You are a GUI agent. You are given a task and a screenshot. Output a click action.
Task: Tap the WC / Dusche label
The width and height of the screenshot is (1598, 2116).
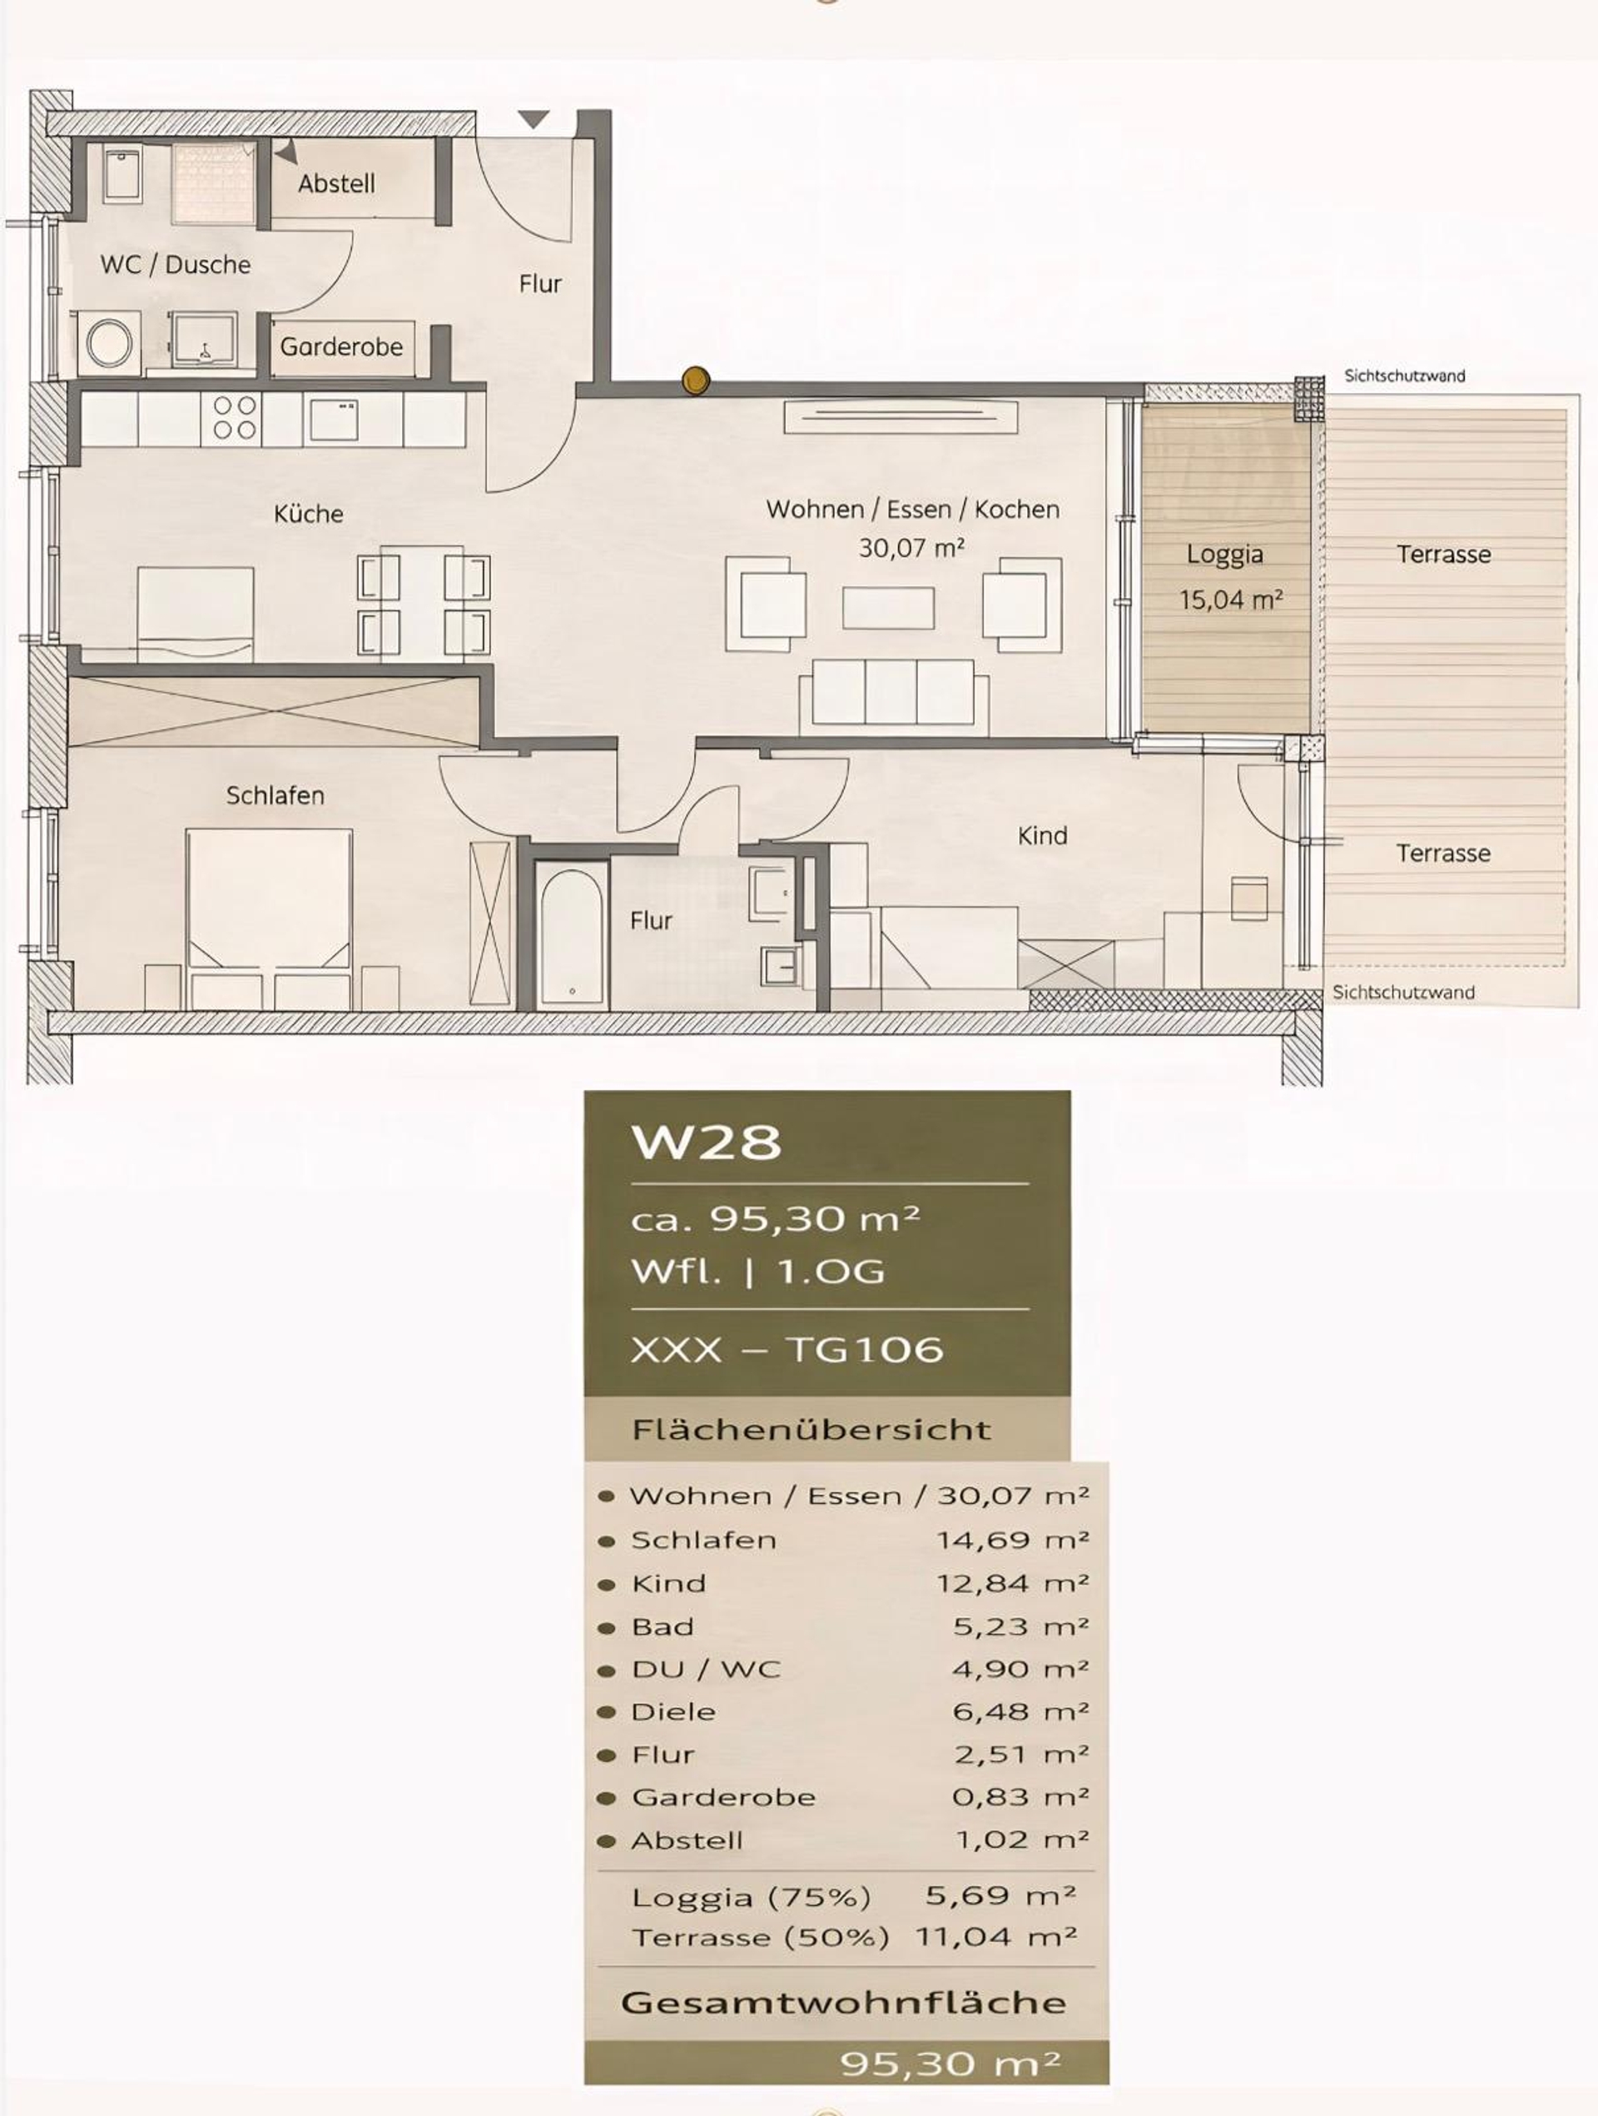point(175,264)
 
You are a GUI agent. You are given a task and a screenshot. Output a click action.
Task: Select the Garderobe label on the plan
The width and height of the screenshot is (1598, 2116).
point(341,346)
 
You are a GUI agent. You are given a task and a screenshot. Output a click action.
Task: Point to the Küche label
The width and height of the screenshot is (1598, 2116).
point(308,514)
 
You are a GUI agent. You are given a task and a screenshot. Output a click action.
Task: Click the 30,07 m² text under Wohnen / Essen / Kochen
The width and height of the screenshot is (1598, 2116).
point(911,548)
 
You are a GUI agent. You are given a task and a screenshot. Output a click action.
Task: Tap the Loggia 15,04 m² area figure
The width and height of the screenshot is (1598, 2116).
point(1230,600)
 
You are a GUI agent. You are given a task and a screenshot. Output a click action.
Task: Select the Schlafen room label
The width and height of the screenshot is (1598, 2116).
point(275,795)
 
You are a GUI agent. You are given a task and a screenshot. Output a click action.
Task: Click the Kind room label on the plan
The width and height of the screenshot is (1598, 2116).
point(1042,835)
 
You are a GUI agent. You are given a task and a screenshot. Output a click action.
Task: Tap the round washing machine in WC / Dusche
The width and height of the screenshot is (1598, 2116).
point(109,342)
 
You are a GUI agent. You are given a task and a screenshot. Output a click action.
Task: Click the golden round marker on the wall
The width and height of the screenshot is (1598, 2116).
point(695,381)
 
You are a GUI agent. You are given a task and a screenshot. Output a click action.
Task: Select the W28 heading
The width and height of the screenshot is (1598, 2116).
point(706,1141)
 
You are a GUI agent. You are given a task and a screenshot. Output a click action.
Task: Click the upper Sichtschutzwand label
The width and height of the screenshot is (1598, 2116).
point(1404,376)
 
